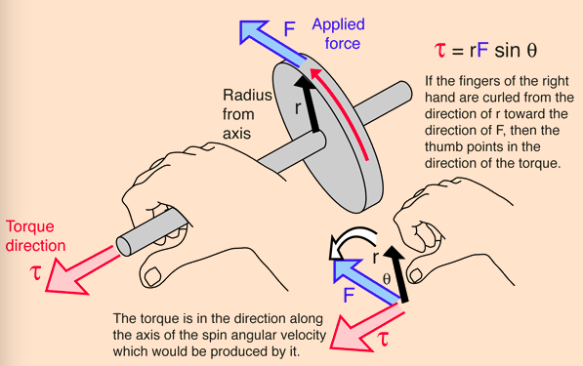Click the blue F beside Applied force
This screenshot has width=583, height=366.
coord(289,29)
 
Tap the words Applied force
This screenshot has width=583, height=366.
coord(339,34)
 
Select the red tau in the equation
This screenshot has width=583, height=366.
coord(440,50)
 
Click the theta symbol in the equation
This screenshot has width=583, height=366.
coord(532,51)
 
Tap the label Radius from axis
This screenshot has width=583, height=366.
coord(247,114)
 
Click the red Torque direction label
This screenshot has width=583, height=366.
coord(36,236)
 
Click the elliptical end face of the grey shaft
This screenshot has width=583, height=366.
coord(123,246)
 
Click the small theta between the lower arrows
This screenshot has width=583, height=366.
coord(387,279)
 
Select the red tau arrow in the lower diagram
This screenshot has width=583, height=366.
coord(366,327)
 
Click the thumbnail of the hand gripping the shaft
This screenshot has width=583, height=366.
coord(152,276)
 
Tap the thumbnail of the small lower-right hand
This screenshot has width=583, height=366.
coord(415,275)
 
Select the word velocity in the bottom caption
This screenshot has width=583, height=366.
coord(302,335)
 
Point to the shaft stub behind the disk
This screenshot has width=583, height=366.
coord(383,102)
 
